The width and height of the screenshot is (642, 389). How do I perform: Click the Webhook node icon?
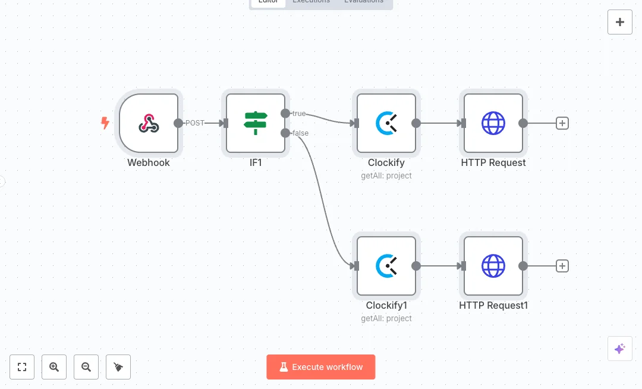(x=149, y=123)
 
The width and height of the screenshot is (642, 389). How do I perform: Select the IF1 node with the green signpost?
(x=256, y=123)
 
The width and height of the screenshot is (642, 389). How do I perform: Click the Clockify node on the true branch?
(x=386, y=123)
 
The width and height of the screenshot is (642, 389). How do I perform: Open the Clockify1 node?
(x=386, y=266)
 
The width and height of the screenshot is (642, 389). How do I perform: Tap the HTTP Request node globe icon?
(x=493, y=123)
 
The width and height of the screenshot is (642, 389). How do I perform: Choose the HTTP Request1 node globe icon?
(x=493, y=266)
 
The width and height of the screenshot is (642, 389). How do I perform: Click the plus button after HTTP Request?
(x=562, y=123)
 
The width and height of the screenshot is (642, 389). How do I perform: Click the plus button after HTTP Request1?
(x=562, y=266)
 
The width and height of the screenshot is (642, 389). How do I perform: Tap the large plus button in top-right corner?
(x=620, y=22)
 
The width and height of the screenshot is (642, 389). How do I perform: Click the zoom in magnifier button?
(x=54, y=367)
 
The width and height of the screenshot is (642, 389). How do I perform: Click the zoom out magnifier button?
(x=86, y=367)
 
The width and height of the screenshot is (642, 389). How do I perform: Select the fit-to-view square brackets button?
(x=22, y=367)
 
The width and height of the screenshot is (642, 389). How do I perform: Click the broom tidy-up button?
(x=118, y=367)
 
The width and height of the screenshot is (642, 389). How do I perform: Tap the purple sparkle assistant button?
(x=620, y=349)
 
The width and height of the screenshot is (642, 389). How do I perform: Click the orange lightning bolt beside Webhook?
(x=105, y=123)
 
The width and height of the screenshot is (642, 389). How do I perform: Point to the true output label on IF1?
(x=299, y=114)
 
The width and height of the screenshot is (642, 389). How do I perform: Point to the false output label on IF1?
(x=301, y=133)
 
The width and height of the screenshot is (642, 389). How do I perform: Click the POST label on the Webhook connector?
(x=194, y=123)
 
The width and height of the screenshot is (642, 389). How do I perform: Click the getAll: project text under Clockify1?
(x=386, y=318)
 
